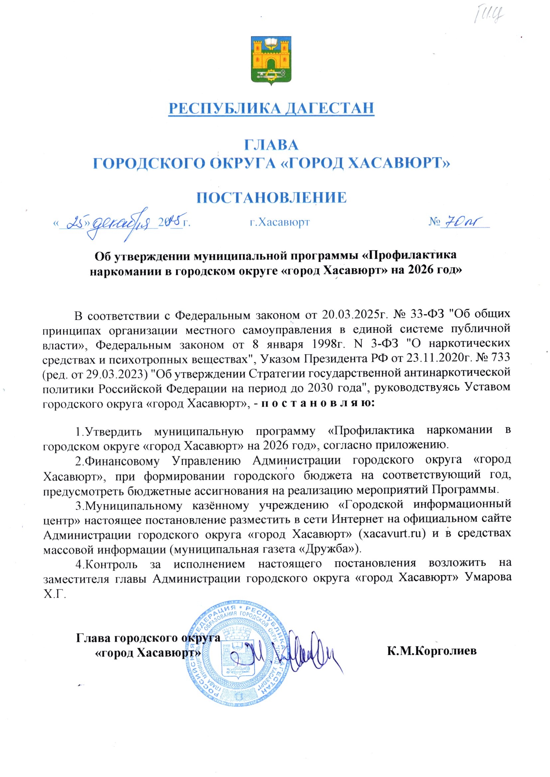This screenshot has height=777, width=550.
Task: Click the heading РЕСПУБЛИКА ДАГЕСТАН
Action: tap(271, 108)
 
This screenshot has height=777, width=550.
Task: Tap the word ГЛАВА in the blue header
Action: tap(271, 145)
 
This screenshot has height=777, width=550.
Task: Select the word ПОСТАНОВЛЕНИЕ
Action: tap(272, 197)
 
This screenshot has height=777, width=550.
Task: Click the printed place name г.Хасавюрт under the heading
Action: tap(279, 222)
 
